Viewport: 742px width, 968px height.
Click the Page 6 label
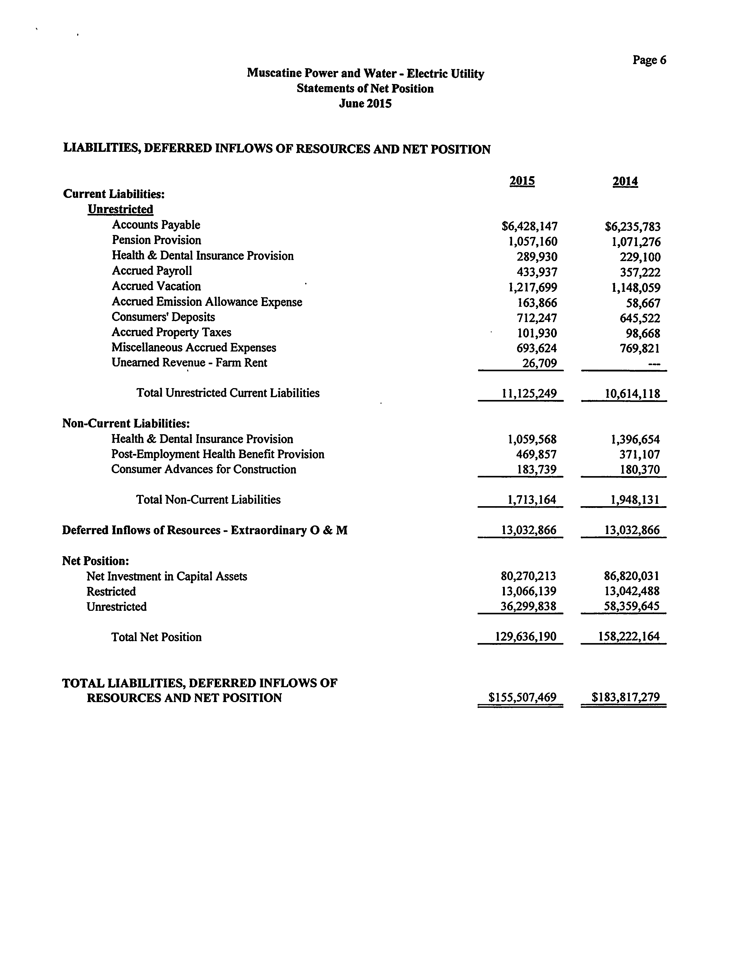pos(649,60)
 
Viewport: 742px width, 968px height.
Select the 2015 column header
pos(522,181)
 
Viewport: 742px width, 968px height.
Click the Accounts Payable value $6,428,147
pos(530,227)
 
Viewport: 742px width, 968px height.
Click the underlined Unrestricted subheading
pos(120,209)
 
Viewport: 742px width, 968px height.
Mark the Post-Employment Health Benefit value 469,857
pos(536,454)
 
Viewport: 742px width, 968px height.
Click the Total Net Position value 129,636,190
pos(526,637)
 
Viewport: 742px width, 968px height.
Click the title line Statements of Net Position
pos(365,89)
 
